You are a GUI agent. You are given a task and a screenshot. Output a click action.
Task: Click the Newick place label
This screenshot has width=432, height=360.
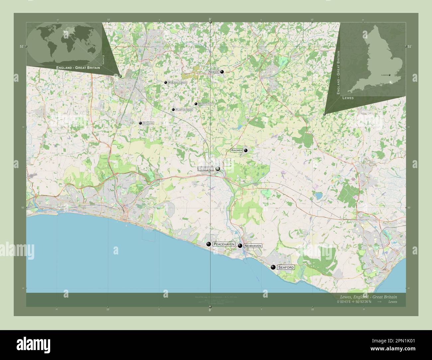[213, 72]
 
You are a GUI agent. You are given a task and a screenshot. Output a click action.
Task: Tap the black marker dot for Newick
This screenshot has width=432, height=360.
[222, 72]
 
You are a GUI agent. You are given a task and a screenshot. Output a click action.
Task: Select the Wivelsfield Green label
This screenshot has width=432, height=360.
[177, 82]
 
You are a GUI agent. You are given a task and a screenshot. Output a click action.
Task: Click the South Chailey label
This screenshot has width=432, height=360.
[206, 104]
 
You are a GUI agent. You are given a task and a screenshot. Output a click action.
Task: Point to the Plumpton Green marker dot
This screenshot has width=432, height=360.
[173, 110]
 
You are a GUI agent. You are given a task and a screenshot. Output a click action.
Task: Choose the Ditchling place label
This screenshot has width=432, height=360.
[148, 123]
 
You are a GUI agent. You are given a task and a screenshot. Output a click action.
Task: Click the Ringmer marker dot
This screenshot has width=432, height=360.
[246, 150]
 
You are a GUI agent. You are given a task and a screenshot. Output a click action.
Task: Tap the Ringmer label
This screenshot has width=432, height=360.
[237, 150]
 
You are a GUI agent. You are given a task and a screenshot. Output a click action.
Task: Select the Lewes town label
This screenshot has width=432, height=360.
[205, 169]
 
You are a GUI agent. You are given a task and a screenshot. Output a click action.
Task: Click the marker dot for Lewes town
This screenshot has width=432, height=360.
[218, 169]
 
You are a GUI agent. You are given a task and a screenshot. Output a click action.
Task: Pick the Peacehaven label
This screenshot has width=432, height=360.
[224, 244]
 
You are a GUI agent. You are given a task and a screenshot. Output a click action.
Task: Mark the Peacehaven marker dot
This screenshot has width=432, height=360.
[209, 244]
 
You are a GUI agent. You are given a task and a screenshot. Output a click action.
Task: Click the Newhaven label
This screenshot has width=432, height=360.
[253, 246]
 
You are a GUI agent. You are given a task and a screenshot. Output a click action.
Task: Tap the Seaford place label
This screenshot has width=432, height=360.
[286, 267]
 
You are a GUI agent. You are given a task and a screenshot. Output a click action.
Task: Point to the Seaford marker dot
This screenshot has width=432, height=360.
[273, 267]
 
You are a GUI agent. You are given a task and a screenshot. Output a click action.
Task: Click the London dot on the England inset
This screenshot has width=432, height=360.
[389, 75]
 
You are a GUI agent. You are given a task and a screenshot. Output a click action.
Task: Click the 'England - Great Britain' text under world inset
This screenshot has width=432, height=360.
[78, 68]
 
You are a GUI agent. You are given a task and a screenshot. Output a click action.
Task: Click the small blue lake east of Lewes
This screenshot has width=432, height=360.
[319, 196]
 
